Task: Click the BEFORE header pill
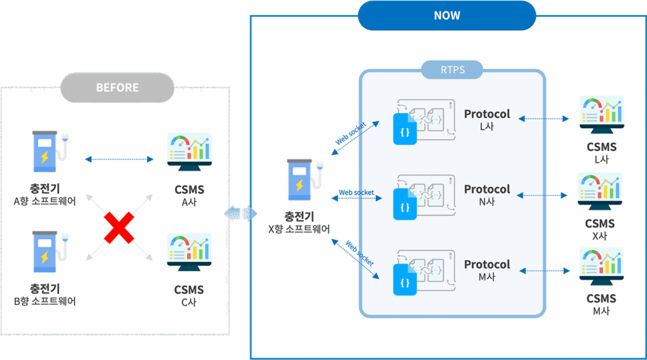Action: (118, 88)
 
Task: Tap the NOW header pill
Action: (447, 15)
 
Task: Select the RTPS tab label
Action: (452, 69)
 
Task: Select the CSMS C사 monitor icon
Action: (189, 255)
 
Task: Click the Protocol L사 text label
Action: (487, 119)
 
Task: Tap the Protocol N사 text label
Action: (487, 195)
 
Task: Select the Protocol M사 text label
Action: (487, 270)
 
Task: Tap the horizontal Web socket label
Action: (356, 192)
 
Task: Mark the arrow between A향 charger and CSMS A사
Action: (119, 159)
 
